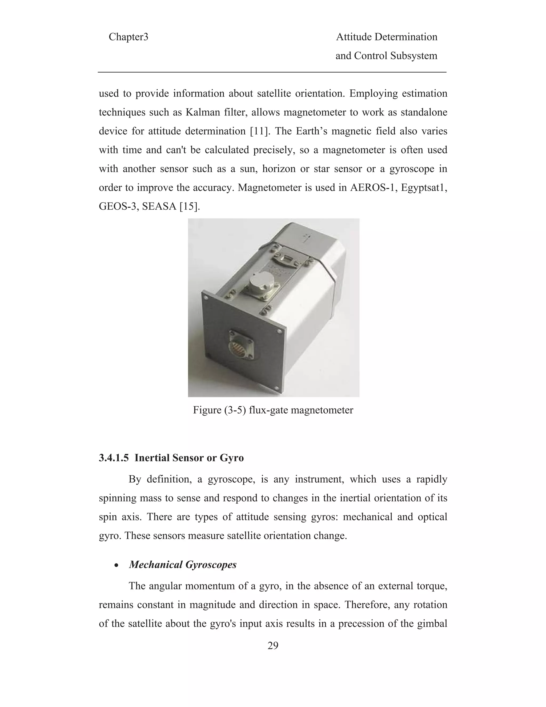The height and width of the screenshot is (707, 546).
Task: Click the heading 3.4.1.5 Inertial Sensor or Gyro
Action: [171, 458]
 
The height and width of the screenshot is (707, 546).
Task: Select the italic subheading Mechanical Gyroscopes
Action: [183, 565]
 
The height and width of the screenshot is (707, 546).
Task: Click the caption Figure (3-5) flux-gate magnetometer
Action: [273, 410]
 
